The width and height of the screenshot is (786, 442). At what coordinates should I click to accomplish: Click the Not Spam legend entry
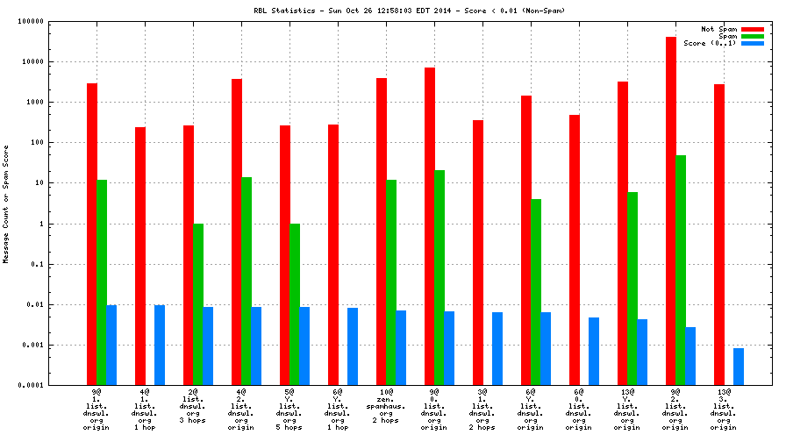coord(718,29)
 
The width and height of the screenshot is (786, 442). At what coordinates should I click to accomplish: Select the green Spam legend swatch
coord(752,36)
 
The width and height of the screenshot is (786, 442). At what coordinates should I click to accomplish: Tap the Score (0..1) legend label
coord(709,43)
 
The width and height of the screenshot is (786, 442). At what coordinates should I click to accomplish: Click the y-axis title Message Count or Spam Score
coord(6,204)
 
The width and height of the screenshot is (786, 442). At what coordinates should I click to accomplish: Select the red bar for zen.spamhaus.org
coord(382,232)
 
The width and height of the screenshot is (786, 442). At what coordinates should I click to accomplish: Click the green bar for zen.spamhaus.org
coord(391,282)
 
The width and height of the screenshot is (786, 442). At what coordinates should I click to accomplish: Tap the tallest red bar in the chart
coord(671,210)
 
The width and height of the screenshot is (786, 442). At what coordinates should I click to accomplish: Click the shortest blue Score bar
coord(739,367)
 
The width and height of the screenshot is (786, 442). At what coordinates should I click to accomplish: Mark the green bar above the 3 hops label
coord(198,304)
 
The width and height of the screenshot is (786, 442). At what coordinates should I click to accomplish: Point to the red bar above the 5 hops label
coord(285,255)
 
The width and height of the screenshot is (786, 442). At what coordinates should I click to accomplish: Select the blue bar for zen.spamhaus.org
coord(401,347)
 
